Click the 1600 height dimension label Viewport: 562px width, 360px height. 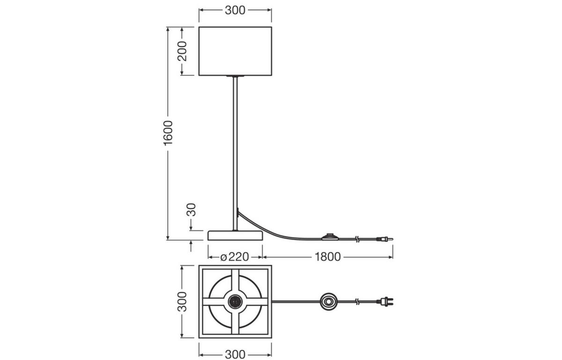[168, 133]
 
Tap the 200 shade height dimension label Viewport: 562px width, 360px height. [182, 51]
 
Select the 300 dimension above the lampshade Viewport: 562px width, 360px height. [235, 10]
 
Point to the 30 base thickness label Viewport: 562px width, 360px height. [192, 210]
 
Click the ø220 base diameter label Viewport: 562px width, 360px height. [235, 257]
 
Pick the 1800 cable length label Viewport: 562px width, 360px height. [327, 257]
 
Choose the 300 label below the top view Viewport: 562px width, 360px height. [235, 355]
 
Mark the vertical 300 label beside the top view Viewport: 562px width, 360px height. [182, 301]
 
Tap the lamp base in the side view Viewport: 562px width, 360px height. [235, 235]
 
